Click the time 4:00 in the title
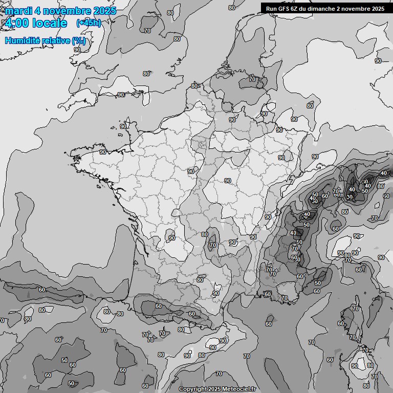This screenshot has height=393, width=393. (16, 23)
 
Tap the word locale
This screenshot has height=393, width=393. (50, 23)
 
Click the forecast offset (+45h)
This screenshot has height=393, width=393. (89, 23)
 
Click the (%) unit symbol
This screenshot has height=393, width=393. (79, 40)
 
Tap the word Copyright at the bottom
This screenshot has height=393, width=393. (192, 389)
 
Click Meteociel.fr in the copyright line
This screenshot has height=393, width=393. (238, 389)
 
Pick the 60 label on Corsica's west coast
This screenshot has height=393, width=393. (341, 323)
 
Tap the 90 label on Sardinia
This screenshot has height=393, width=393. (355, 366)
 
